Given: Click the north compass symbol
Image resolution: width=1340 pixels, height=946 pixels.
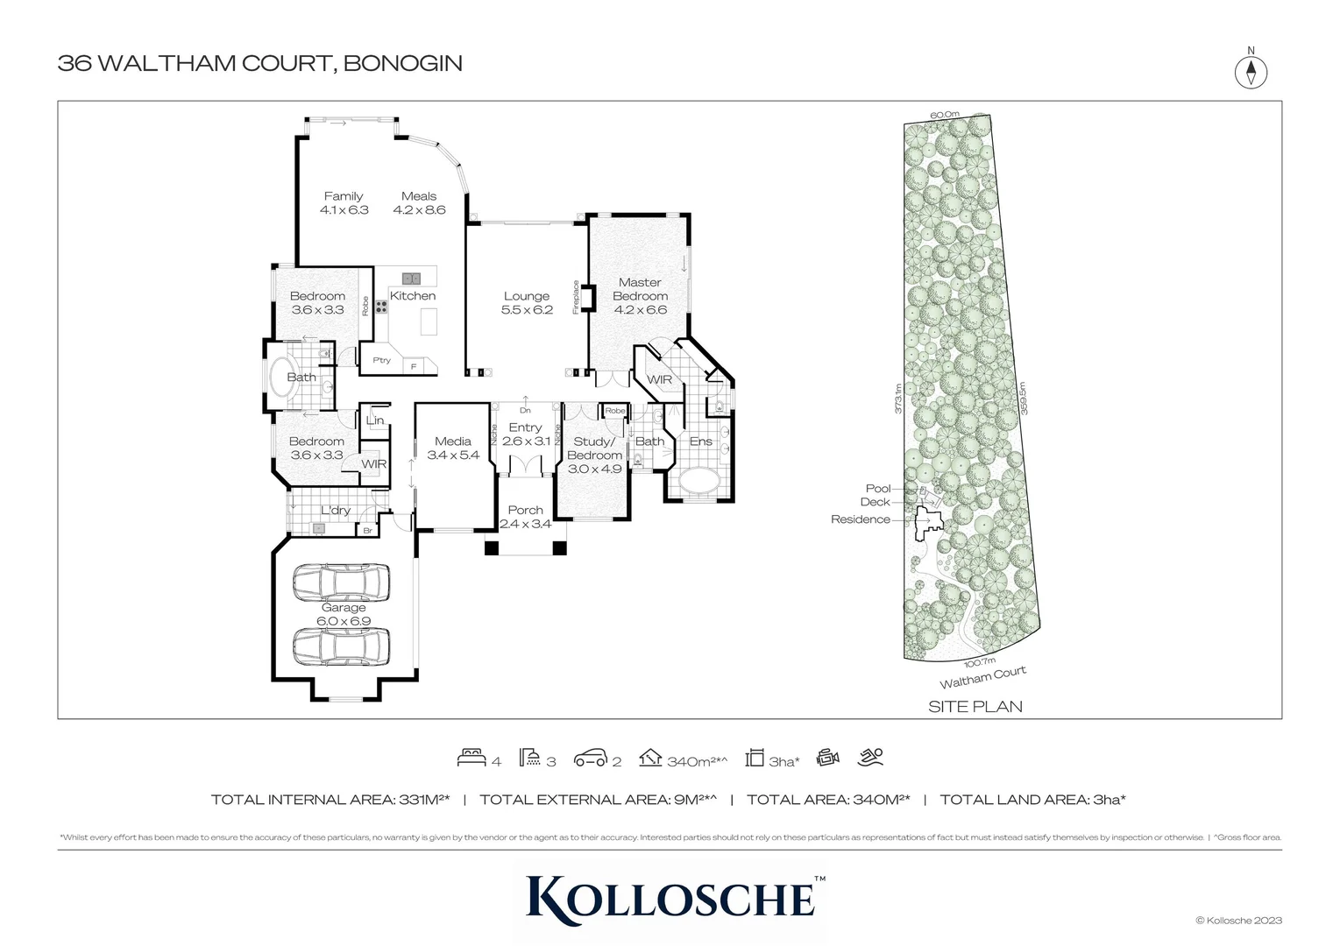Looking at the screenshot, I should coord(1251,72).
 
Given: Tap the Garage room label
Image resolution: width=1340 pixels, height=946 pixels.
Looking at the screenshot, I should coord(344,614).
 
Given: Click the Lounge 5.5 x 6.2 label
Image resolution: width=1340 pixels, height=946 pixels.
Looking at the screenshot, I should coord(527,303).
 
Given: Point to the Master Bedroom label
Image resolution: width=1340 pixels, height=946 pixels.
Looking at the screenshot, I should coord(640,295).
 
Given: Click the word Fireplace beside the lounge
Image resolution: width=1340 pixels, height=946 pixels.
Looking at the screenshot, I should coord(576,297).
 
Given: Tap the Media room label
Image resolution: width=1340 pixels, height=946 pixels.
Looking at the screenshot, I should coord(453,448).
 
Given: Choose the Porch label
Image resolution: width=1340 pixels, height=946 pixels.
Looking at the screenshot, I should coord(525,517).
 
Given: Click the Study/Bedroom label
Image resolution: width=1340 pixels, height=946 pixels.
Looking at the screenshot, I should coord(594,455).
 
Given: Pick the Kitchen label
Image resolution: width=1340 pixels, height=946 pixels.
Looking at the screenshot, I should coord(413,296).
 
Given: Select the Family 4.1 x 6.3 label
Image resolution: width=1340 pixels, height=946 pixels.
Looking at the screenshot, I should coord(344,203).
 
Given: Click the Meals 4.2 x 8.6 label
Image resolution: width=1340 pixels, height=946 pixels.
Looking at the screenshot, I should coord(419,203).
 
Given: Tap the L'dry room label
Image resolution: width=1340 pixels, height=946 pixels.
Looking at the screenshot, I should coord(335,510).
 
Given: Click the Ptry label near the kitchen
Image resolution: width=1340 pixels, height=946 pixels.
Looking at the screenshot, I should coord(381,360).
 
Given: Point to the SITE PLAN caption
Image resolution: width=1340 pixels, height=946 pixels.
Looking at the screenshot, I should coord(975,706).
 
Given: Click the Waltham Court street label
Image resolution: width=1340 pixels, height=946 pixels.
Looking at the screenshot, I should coord(982,677).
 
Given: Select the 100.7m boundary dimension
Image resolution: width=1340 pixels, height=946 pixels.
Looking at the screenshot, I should coord(980,661).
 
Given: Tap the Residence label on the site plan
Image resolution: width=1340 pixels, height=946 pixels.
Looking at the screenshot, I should coord(860,519).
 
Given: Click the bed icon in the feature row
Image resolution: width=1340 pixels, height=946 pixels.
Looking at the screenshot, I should coord(471,758).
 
